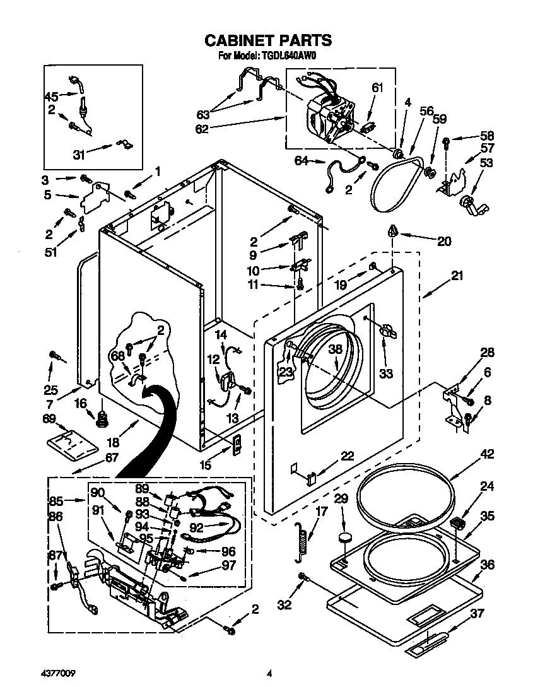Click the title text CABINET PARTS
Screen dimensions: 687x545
tap(268, 40)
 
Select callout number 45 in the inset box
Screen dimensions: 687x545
tap(51, 97)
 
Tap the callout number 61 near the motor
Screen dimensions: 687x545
tap(377, 88)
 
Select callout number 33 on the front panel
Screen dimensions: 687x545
tap(385, 373)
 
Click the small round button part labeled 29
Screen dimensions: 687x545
tap(344, 537)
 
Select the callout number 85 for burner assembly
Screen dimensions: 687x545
tap(56, 502)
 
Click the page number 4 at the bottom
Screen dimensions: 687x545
tap(269, 673)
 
